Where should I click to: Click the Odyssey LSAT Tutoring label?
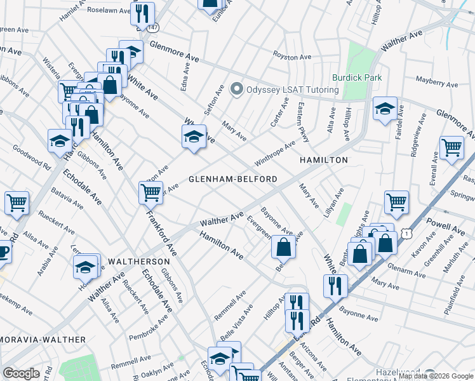pos(292,90)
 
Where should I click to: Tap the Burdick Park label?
pos(359,77)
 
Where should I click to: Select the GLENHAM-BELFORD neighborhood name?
pos(233,179)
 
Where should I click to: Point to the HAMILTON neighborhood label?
pos(324,160)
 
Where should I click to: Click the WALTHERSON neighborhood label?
pos(138,261)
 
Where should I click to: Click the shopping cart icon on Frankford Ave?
pos(151,192)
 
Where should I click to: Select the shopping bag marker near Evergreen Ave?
pos(283,248)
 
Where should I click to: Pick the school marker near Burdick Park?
pos(385,109)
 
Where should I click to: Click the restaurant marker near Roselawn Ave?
pos(143,13)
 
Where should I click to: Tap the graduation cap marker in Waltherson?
pos(85,267)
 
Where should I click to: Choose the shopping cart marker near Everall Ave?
pos(452,148)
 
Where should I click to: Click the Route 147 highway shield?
pos(152,28)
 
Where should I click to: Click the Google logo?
pos(21,373)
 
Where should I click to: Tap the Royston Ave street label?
pos(291,57)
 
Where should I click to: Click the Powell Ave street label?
pos(448,226)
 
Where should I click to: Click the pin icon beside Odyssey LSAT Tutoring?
pos(237,90)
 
